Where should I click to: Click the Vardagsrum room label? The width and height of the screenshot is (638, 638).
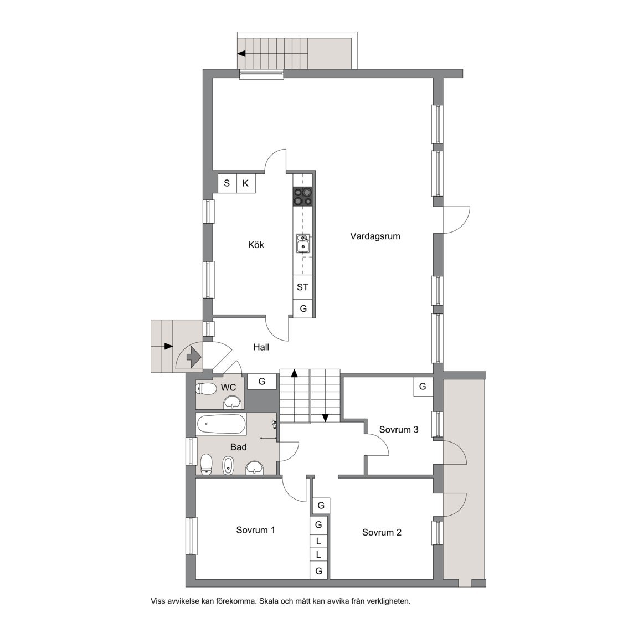[375, 236]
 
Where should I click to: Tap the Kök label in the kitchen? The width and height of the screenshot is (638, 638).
[256, 245]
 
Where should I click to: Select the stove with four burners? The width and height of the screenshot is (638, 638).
[303, 197]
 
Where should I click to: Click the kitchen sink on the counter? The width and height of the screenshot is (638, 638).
[303, 244]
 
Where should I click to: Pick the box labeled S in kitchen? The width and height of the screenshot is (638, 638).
[227, 183]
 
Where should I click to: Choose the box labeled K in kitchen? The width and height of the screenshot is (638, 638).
[246, 183]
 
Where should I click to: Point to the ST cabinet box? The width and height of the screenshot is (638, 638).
[302, 287]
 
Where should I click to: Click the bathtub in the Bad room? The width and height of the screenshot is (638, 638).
[221, 425]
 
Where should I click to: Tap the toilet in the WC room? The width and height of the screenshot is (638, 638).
[206, 389]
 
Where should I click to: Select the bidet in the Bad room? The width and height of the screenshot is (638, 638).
[228, 466]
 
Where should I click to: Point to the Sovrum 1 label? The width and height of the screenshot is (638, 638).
[255, 530]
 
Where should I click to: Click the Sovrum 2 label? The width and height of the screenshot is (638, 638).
[382, 533]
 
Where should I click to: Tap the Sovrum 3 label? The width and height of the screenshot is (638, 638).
[398, 430]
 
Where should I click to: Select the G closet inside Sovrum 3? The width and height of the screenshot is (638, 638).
[423, 387]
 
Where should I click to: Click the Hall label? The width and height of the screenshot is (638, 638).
[261, 347]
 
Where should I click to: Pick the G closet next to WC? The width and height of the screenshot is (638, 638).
[262, 382]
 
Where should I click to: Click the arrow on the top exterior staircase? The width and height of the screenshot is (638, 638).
[243, 54]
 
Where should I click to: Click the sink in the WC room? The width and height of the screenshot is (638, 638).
[233, 403]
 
